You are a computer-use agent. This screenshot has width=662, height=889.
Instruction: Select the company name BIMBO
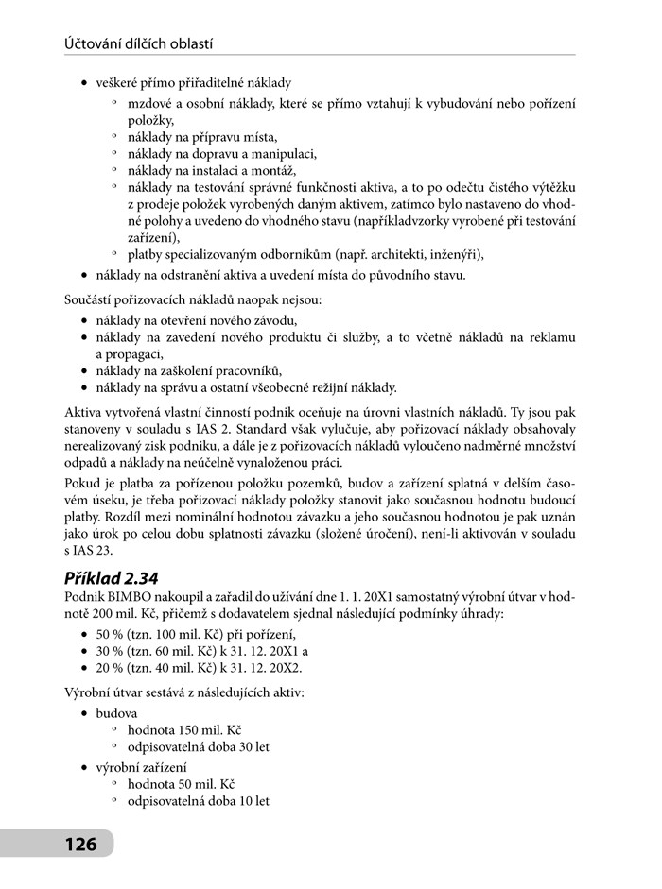coord(131,597)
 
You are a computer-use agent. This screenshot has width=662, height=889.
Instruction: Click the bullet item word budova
coord(116,711)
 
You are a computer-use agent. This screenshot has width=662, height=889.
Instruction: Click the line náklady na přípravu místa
coord(189,137)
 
